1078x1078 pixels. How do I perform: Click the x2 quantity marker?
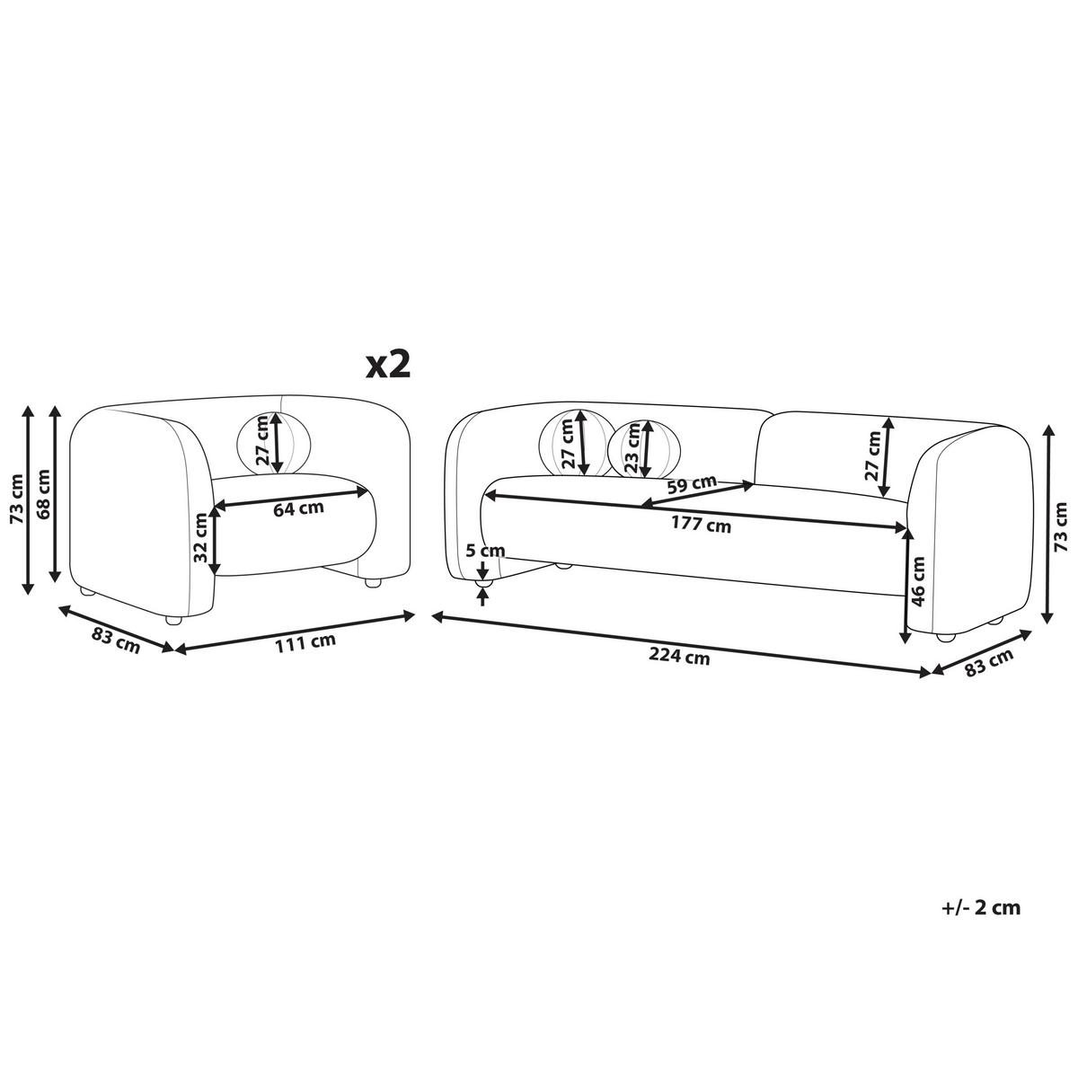(x=388, y=367)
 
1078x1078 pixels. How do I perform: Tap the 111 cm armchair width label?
(x=305, y=643)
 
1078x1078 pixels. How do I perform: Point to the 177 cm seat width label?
(x=700, y=525)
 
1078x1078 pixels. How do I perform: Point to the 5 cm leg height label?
(x=485, y=551)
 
